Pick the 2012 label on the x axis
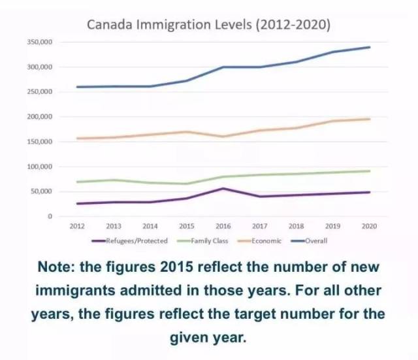[x=78, y=226]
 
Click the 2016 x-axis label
[x=223, y=226]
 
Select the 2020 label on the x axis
[x=370, y=226]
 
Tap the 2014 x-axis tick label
[x=150, y=226]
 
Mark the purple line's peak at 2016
[x=223, y=188]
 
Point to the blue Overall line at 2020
[x=370, y=47]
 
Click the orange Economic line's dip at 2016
[x=223, y=137]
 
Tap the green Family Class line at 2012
[x=78, y=182]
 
